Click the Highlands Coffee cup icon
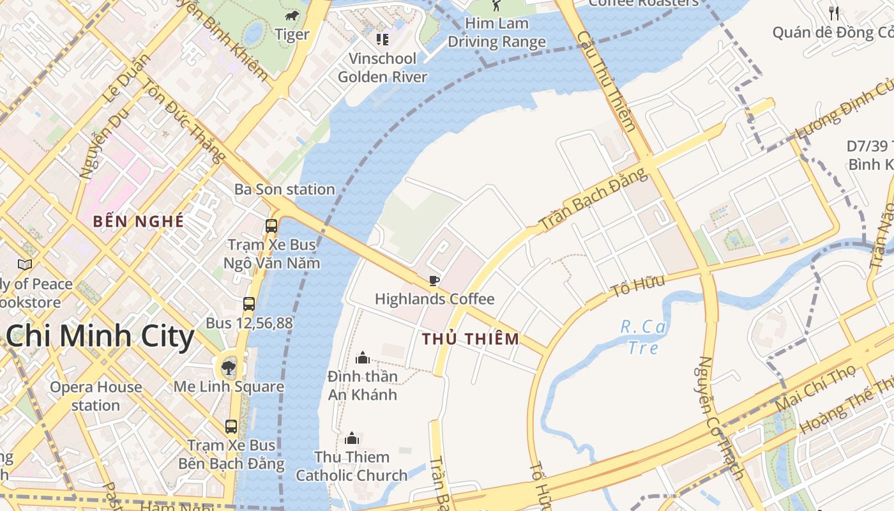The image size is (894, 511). [434, 280]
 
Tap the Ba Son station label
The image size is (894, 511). [284, 190]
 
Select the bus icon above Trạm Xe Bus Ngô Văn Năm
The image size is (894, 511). [271, 225]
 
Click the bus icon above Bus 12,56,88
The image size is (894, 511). [249, 304]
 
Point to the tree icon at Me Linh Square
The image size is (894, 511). [228, 367]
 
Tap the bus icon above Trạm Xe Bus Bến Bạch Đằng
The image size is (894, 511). [231, 426]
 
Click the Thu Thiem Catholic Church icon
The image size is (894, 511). [351, 438]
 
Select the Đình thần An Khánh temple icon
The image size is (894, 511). [363, 357]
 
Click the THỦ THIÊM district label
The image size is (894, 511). [471, 339]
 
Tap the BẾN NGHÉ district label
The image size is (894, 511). [139, 222]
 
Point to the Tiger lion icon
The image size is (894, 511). [292, 16]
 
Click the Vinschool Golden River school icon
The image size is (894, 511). [383, 40]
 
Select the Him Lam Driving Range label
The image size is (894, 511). [496, 33]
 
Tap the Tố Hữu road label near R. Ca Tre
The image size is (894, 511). [637, 286]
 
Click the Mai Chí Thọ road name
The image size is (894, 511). [815, 389]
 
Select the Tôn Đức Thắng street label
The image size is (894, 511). [183, 120]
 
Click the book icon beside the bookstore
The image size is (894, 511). [25, 264]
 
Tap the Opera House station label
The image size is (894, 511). [96, 396]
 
